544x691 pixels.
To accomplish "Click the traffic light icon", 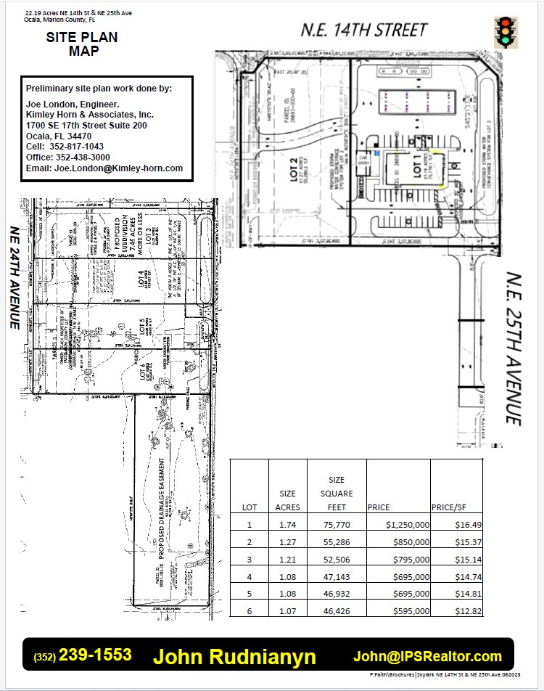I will coord(505,31).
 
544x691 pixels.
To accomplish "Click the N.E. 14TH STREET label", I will coord(364,30).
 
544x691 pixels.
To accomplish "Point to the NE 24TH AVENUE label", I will coord(14,277).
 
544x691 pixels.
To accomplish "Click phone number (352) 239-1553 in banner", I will coord(83,655).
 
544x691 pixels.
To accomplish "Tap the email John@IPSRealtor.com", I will coord(427,656).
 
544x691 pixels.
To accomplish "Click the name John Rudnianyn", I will coord(234,657).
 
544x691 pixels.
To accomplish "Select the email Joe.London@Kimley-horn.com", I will coord(104,168).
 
